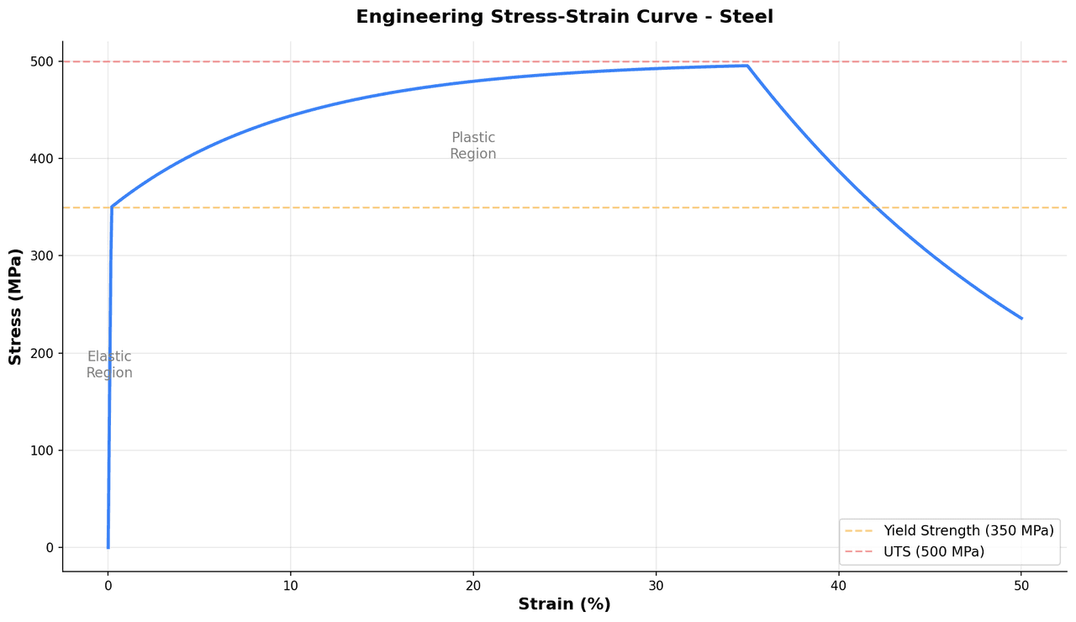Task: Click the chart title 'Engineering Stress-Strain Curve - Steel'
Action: [564, 17]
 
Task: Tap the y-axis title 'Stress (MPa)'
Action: [15, 306]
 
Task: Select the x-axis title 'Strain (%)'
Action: [564, 604]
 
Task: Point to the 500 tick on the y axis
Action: [42, 61]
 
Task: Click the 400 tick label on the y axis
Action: [42, 159]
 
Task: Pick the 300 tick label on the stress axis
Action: [42, 256]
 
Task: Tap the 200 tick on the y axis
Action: [42, 353]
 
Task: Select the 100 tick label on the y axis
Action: [42, 451]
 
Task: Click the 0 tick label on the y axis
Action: [50, 548]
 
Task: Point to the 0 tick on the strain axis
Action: [108, 585]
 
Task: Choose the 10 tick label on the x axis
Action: [290, 585]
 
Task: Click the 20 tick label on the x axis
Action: [473, 585]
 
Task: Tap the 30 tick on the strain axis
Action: [656, 585]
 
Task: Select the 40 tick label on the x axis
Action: [838, 585]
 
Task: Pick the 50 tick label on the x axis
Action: [1021, 585]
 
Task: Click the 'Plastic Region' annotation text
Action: [473, 146]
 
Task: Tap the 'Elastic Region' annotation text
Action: [109, 365]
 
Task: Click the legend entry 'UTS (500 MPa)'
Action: [933, 552]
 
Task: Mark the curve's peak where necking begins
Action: [746, 66]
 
